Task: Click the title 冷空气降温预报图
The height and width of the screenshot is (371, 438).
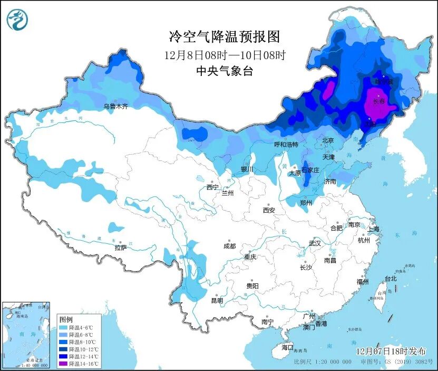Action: click(x=224, y=36)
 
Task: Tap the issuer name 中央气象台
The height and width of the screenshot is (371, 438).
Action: click(x=224, y=71)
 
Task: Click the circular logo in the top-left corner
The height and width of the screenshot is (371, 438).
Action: click(x=16, y=20)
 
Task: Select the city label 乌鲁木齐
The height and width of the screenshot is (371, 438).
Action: click(x=115, y=106)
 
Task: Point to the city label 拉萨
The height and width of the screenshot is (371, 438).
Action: click(x=120, y=247)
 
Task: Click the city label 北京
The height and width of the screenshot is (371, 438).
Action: click(x=327, y=140)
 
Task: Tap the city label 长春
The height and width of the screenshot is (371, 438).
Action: click(x=378, y=101)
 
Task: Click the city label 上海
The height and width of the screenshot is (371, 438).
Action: click(x=373, y=229)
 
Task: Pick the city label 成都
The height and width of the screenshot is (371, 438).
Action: click(x=229, y=246)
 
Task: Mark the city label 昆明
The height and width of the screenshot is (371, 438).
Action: click(x=217, y=300)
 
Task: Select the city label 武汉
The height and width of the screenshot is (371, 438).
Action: click(x=315, y=243)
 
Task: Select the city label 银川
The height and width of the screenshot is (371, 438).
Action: click(x=247, y=169)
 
